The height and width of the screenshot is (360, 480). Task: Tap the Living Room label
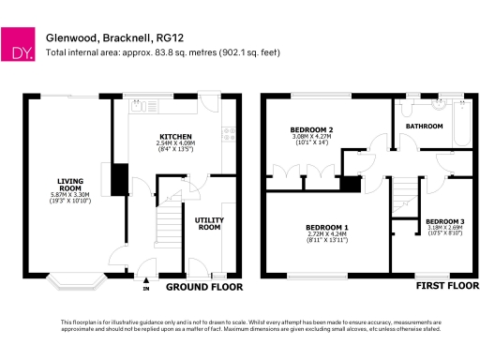70,184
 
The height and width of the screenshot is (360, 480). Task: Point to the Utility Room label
208,222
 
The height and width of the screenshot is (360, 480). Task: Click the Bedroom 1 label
327,228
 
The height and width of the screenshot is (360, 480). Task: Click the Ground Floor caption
204,288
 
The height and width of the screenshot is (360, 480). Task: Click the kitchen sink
137,105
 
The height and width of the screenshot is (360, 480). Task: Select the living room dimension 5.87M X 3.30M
70,194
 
